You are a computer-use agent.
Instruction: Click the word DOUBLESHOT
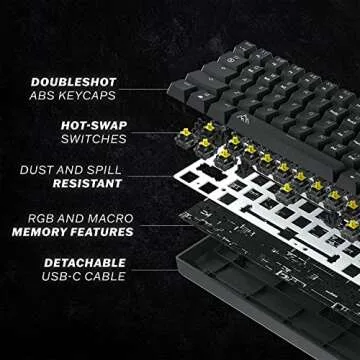[x=73, y=82]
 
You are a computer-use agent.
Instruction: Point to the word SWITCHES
[x=90, y=141]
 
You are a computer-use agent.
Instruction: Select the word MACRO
[x=107, y=217]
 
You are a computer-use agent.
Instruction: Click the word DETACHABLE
[x=77, y=262]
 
